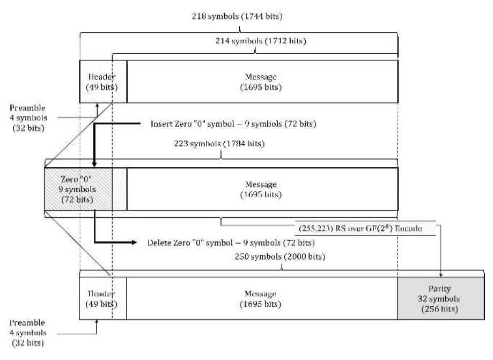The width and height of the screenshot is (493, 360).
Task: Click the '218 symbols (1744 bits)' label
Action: (237, 16)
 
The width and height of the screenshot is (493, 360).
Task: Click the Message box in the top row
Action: (262, 81)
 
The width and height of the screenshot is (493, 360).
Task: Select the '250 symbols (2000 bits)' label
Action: (281, 256)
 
